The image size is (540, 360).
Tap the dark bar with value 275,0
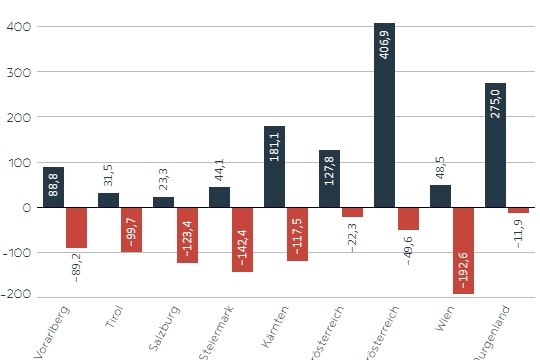click(x=495, y=145)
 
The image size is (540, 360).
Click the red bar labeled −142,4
click(x=242, y=239)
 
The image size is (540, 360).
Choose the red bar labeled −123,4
click(x=187, y=235)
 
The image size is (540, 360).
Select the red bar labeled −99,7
click(x=132, y=229)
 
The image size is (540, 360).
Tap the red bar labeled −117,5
click(x=297, y=234)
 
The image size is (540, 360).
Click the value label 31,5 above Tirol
click(x=108, y=175)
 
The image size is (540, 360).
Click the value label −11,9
click(x=518, y=232)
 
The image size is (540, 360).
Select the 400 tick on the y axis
click(x=18, y=27)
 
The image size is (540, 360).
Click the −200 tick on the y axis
click(x=14, y=297)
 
